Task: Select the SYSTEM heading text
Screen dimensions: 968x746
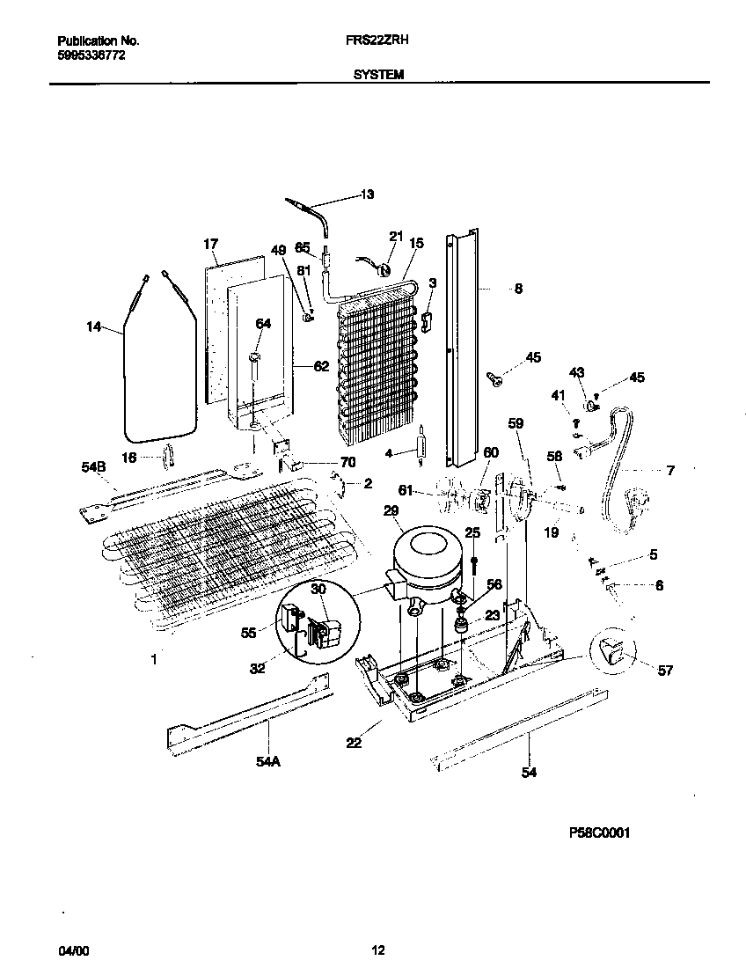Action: click(378, 76)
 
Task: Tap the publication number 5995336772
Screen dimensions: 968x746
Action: click(91, 55)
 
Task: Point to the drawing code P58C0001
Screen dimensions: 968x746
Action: click(598, 832)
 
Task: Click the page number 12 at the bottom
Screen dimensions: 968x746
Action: click(377, 950)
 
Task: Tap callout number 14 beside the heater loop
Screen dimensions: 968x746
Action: click(94, 328)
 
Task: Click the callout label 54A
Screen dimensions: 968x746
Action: click(267, 762)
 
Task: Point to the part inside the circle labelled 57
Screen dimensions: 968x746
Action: click(612, 652)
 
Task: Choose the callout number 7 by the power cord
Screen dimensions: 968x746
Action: click(670, 471)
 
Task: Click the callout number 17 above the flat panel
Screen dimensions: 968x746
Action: click(210, 244)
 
